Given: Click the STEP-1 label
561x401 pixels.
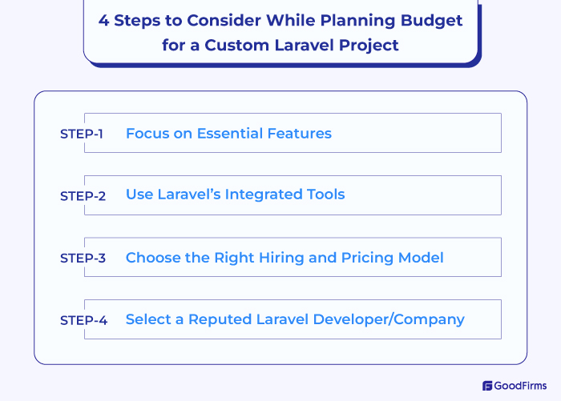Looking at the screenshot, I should [82, 134].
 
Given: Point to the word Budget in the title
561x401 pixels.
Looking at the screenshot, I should [433, 20].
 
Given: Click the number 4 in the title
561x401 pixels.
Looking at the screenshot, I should [103, 20].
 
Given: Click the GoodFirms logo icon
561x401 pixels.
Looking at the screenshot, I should [486, 386].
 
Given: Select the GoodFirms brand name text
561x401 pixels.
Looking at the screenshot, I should [522, 386].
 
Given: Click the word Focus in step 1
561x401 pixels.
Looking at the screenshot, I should [147, 133].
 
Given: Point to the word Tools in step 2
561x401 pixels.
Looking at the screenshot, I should [325, 194].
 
